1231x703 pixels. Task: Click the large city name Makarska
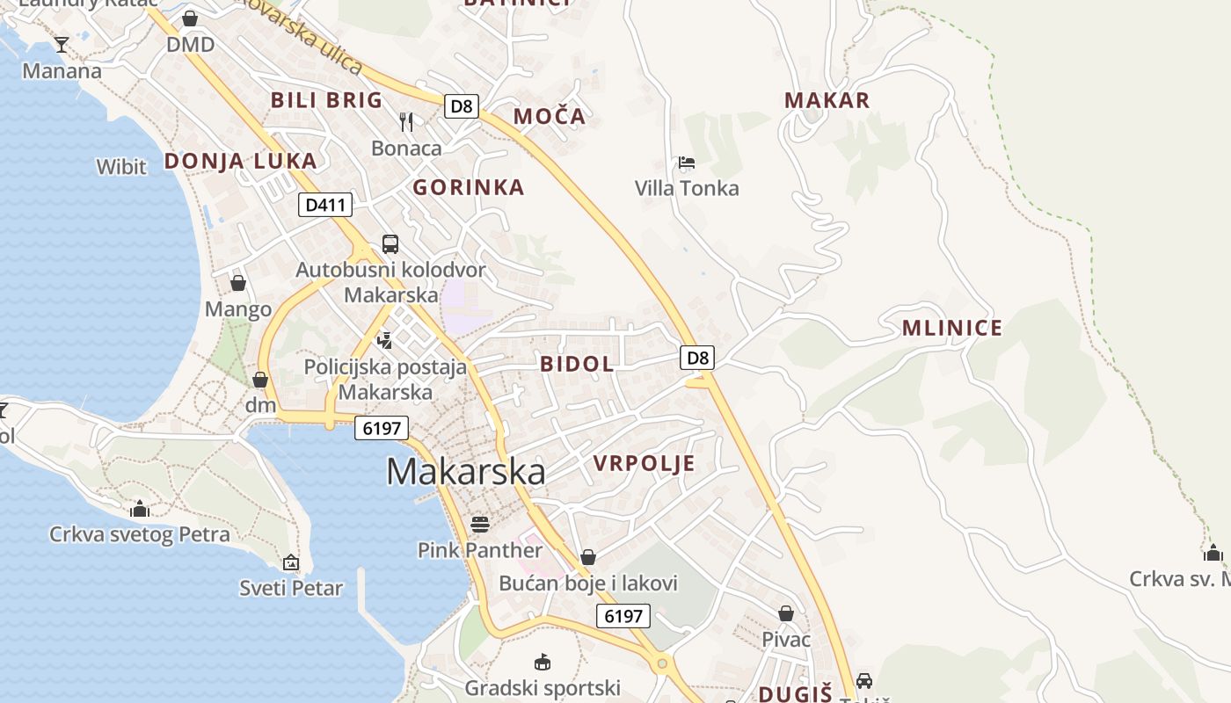[465, 472]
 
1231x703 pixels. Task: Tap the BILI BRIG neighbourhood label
[326, 99]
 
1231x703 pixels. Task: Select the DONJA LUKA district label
[240, 161]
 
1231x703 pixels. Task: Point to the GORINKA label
[469, 187]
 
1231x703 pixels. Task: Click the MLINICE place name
[951, 328]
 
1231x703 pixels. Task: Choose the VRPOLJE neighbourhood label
[644, 463]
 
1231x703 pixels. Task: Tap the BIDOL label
[577, 364]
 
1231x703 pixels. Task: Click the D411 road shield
[325, 206]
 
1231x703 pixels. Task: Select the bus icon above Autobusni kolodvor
[390, 243]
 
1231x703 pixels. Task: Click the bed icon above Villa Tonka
[687, 163]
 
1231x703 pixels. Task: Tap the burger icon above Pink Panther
[480, 525]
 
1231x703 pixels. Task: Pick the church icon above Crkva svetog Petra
[140, 509]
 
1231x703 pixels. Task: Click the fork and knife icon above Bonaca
[406, 122]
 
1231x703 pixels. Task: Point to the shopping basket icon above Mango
[237, 283]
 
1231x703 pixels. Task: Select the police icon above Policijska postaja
[384, 340]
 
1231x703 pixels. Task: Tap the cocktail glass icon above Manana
[62, 44]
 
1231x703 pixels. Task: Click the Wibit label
[121, 166]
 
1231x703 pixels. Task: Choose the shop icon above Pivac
[786, 613]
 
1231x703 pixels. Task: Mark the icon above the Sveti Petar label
[291, 562]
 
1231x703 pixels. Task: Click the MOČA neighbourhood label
[549, 116]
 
